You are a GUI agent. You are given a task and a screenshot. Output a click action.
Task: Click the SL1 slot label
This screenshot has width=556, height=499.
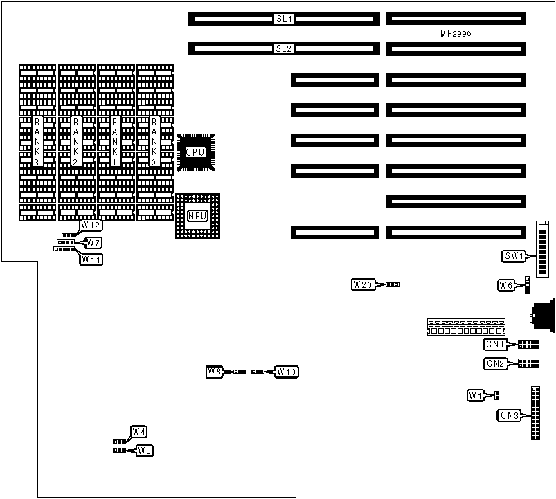284,19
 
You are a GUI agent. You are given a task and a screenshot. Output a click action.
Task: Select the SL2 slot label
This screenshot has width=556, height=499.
284,48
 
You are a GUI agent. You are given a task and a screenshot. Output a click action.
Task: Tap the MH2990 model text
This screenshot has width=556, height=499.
456,34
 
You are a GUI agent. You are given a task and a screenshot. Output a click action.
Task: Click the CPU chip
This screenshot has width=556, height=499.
195,151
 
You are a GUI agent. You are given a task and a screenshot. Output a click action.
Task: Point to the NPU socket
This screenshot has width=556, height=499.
197,216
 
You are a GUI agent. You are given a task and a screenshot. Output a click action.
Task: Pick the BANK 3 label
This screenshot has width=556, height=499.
37,141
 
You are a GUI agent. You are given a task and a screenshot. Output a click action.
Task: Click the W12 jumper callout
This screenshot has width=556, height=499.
91,226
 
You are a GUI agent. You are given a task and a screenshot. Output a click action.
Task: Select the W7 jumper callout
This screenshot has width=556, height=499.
93,242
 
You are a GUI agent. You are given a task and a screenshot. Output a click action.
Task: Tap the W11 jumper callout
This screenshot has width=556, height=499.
91,260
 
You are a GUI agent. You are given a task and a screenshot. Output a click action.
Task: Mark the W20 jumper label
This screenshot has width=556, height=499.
363,284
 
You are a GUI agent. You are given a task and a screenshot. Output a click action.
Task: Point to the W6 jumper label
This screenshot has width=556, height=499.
506,284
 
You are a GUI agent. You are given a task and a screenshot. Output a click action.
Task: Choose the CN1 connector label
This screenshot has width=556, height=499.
494,344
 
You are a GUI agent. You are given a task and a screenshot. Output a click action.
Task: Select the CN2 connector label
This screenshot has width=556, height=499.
494,363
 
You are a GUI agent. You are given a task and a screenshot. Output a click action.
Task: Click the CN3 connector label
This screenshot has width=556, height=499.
509,415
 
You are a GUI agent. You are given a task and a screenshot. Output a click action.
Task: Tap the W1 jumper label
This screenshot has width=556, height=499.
475,396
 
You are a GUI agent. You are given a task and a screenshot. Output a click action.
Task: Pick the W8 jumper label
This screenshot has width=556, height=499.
215,372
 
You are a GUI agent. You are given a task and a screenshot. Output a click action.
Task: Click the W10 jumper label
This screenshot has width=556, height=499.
287,372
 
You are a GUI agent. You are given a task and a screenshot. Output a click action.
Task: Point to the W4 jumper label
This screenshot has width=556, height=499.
139,432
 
